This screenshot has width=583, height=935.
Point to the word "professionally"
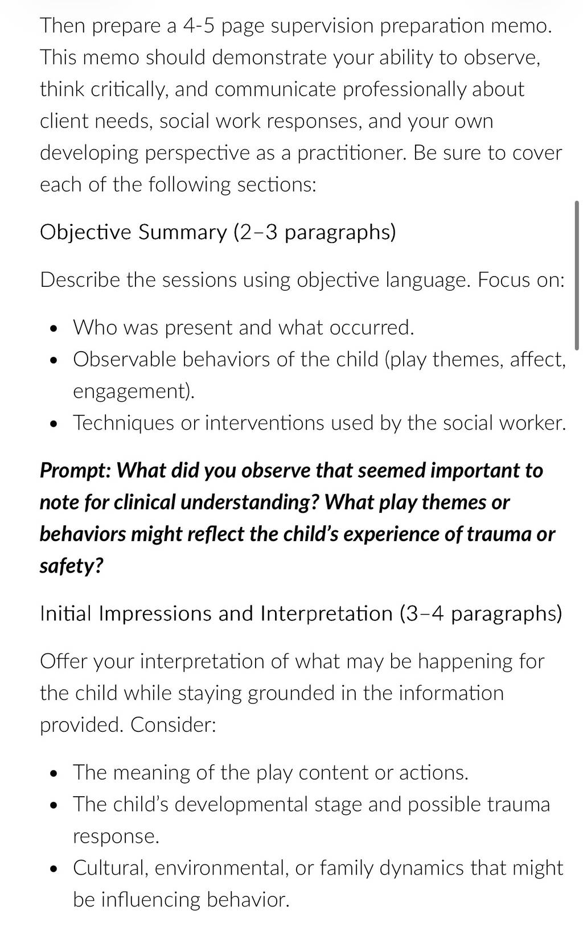[404, 89]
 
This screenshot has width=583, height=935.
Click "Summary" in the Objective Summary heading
[183, 233]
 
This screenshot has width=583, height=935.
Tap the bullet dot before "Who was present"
[52, 328]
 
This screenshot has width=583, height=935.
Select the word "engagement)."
[134, 392]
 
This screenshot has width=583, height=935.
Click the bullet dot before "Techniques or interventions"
[52, 424]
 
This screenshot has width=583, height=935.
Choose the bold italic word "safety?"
[71, 566]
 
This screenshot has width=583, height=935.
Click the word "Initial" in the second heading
[65, 613]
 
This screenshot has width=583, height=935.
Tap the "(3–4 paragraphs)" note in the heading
[481, 613]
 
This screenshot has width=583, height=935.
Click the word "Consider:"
[173, 725]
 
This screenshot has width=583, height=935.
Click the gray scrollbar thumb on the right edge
[577, 275]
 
